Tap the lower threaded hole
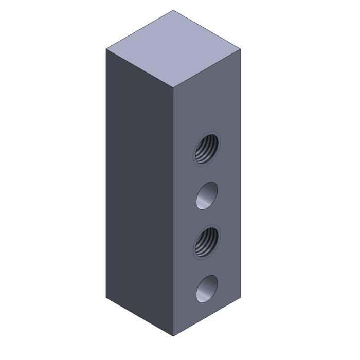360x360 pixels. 207,242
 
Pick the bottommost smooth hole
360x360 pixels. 207,289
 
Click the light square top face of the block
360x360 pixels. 173,49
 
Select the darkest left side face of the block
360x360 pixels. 139,190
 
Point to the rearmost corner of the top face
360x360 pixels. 173,10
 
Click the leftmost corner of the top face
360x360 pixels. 106,49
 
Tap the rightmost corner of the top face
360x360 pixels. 240,49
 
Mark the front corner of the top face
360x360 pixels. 173,88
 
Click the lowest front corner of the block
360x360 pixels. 173,336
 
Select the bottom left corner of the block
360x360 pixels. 106,298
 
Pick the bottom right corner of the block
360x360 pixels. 240,298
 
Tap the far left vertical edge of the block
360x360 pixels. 106,175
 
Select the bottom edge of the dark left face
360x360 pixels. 139,317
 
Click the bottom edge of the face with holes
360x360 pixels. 206,317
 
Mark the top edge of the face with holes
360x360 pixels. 206,69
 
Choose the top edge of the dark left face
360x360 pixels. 139,69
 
